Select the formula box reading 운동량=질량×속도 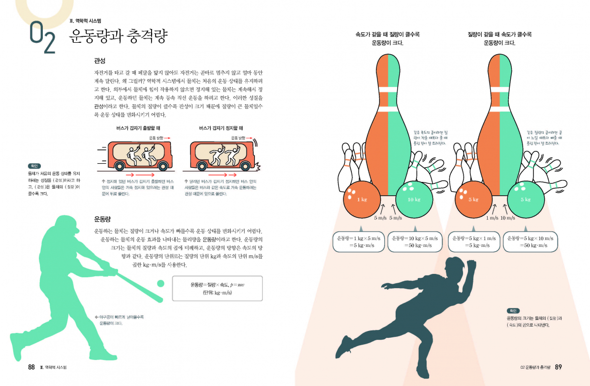pos(217,288)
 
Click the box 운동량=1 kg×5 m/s pos(359,241)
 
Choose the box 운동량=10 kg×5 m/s pos(415,241)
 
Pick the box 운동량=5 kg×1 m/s pos(474,241)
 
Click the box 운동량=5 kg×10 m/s pos(530,241)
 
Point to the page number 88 pos(31,367)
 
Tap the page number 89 pos(559,367)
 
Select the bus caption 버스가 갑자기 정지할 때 pos(221,128)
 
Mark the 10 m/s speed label pos(508,218)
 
